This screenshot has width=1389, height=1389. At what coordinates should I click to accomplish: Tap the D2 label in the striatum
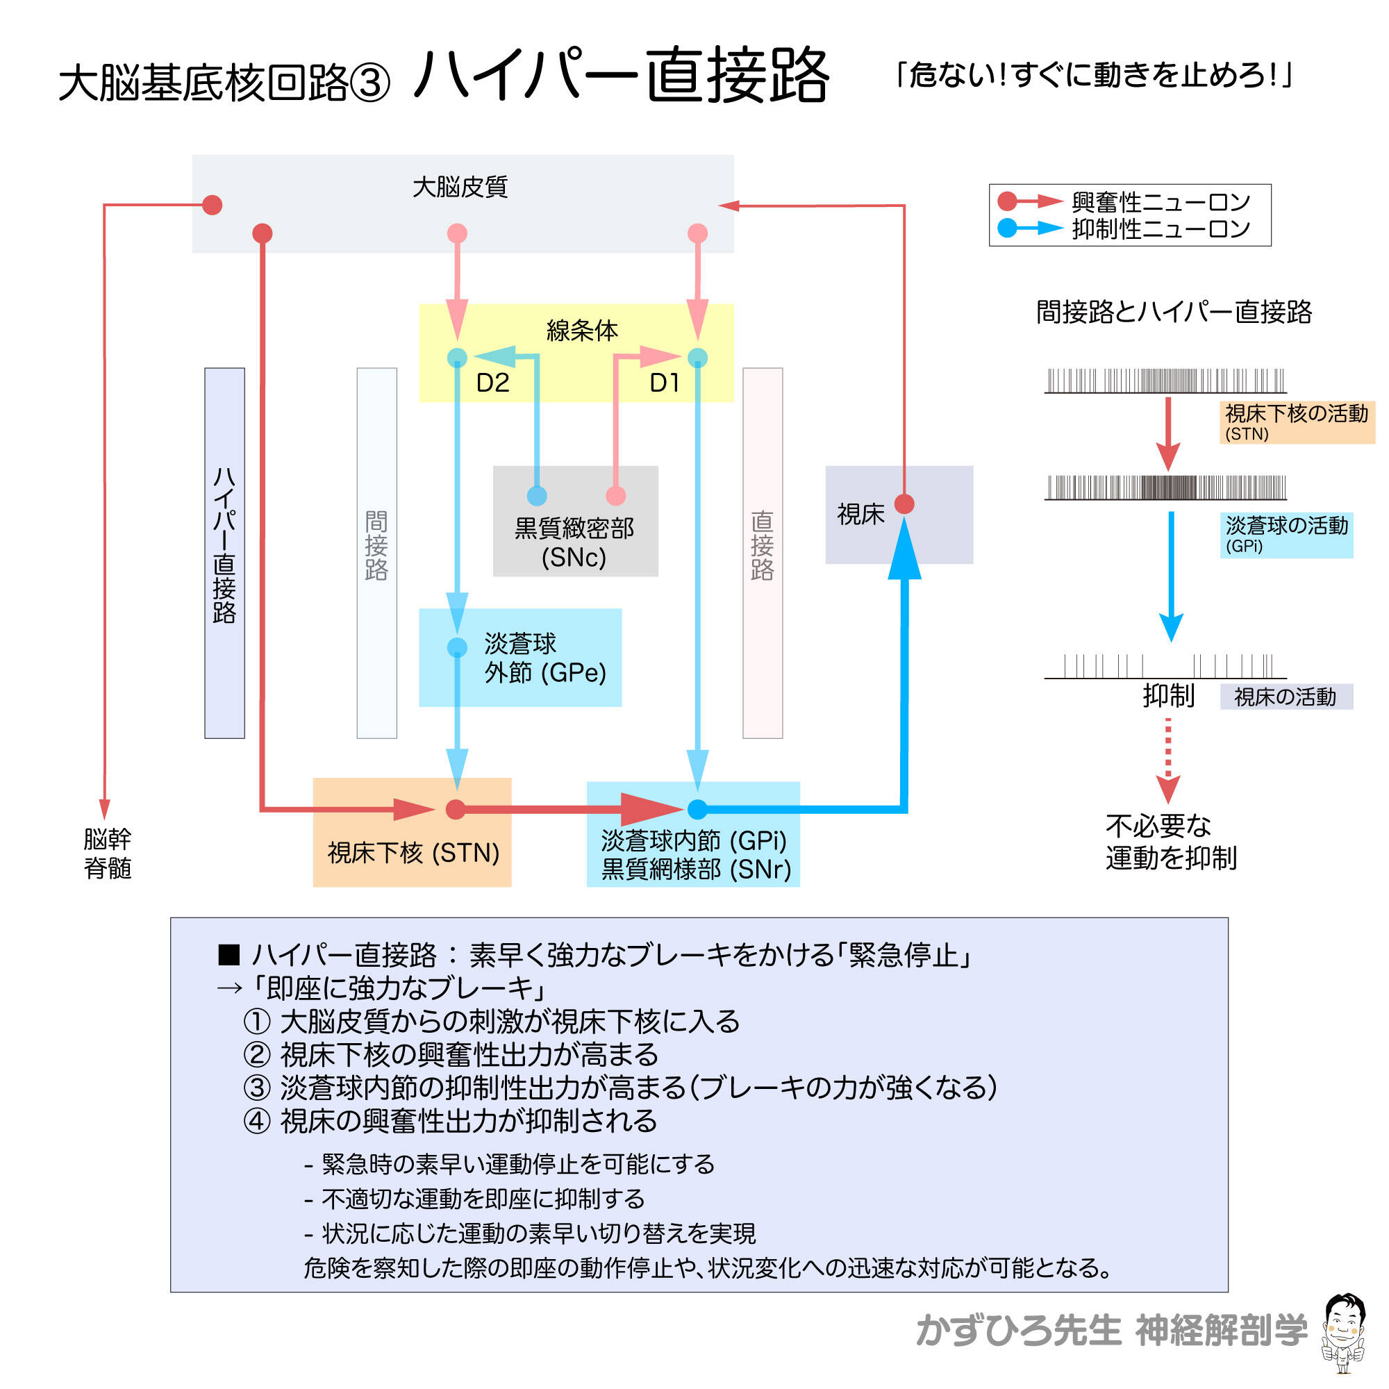point(492,383)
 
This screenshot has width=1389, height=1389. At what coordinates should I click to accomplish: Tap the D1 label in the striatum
point(665,383)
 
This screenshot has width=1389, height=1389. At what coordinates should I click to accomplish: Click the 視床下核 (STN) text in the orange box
point(413,853)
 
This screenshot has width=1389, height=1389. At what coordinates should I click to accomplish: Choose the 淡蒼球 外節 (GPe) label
point(544,657)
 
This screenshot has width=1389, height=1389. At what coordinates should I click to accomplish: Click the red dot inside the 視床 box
point(904,504)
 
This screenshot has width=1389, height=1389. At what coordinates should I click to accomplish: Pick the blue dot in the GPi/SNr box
point(697,809)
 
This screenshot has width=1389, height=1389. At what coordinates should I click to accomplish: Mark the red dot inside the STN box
point(455,809)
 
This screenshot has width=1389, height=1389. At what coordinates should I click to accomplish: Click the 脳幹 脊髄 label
point(107,853)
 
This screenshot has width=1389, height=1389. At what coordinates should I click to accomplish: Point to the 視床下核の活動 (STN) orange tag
point(1296,422)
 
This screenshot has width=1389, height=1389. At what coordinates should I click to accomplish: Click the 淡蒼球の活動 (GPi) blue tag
point(1286,534)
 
